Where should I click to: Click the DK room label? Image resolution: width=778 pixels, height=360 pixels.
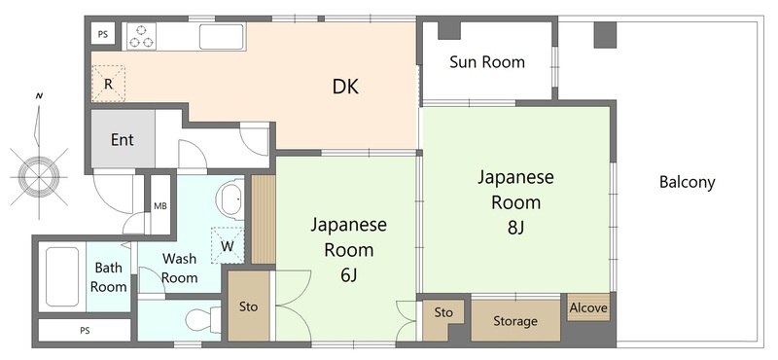[345, 87]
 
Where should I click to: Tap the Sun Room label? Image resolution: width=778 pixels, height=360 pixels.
[487, 62]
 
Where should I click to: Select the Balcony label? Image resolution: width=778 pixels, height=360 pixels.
[688, 182]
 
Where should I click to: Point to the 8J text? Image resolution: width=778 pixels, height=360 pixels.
[515, 228]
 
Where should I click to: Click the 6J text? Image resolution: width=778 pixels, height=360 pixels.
[349, 275]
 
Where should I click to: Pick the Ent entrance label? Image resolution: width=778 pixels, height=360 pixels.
[123, 139]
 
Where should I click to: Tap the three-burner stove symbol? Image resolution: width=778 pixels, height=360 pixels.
[141, 36]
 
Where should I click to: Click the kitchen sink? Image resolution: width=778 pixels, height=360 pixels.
[222, 37]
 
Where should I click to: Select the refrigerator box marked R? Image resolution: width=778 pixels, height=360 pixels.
[108, 84]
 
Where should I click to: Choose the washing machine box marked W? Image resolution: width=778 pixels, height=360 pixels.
[228, 245]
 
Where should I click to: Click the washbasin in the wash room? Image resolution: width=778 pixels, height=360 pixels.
[230, 199]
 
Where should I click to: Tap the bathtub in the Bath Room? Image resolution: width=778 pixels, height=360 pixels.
[62, 277]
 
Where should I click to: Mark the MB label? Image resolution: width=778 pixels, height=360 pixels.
[159, 206]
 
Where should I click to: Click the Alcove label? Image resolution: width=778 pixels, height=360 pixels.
[588, 307]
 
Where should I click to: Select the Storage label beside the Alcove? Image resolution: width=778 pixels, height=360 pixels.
[515, 321]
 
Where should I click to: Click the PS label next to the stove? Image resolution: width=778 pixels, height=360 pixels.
[103, 34]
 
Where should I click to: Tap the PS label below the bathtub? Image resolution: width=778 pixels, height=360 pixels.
[85, 330]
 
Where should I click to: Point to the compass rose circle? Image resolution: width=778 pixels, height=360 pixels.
[39, 176]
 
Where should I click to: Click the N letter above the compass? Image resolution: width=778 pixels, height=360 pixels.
[39, 95]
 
